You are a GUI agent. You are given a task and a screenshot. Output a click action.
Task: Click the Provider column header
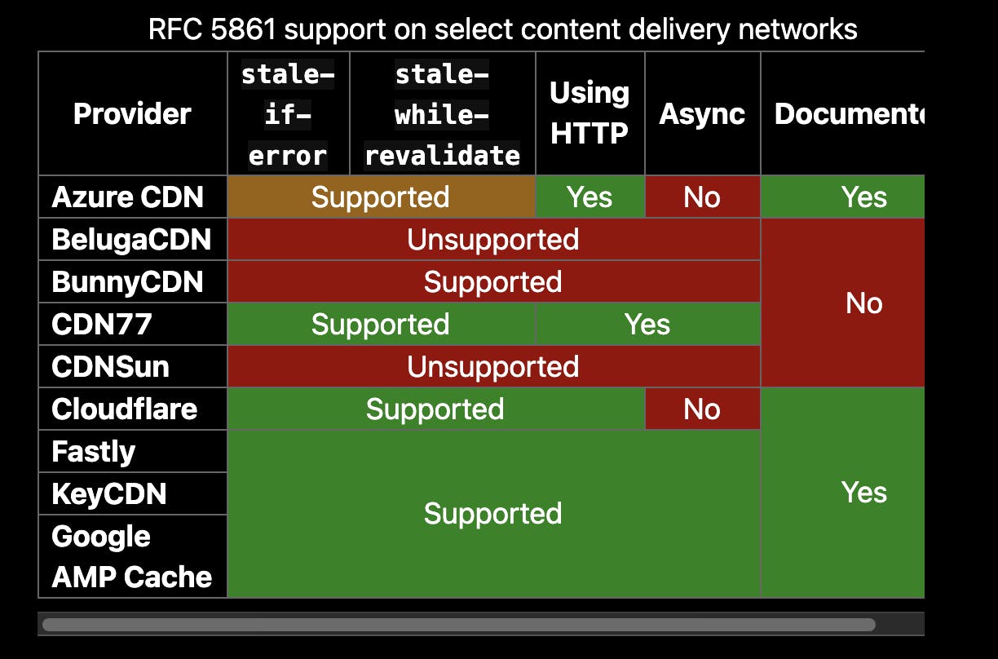click(x=132, y=113)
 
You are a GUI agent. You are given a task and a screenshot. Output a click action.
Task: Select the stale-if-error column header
click(x=289, y=113)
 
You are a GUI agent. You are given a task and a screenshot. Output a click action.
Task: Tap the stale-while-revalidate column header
click(x=443, y=113)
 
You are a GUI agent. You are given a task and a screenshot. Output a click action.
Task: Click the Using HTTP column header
click(x=590, y=113)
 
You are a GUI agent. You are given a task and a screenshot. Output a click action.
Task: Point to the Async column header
click(x=703, y=113)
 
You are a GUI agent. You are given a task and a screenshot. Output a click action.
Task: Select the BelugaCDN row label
click(x=132, y=239)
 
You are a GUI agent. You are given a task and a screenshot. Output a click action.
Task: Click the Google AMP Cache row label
click(x=132, y=556)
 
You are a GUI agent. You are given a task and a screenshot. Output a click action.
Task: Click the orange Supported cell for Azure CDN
click(x=381, y=197)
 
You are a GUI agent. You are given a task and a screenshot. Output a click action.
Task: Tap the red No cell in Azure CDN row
click(x=703, y=197)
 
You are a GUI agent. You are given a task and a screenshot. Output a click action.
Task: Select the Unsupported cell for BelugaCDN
click(x=493, y=239)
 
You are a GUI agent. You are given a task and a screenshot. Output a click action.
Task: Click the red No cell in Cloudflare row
click(x=703, y=409)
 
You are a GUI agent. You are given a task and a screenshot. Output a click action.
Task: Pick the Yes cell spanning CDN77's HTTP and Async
click(x=648, y=324)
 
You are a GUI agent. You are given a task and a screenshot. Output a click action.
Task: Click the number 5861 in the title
click(x=243, y=29)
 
